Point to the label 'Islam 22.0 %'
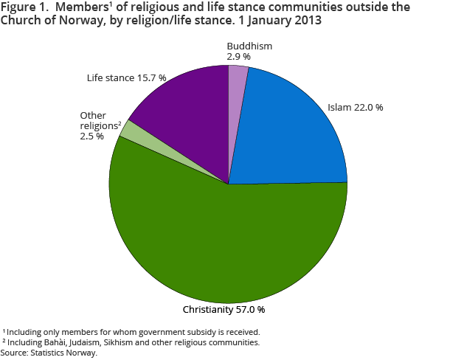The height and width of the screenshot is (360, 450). (356, 108)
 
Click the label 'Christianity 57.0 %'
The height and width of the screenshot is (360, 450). (224, 308)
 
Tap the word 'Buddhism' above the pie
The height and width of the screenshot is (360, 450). (249, 46)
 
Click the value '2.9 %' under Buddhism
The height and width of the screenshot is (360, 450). (239, 56)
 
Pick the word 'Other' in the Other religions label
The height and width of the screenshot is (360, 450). (92, 115)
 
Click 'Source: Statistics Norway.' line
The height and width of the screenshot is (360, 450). (49, 353)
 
